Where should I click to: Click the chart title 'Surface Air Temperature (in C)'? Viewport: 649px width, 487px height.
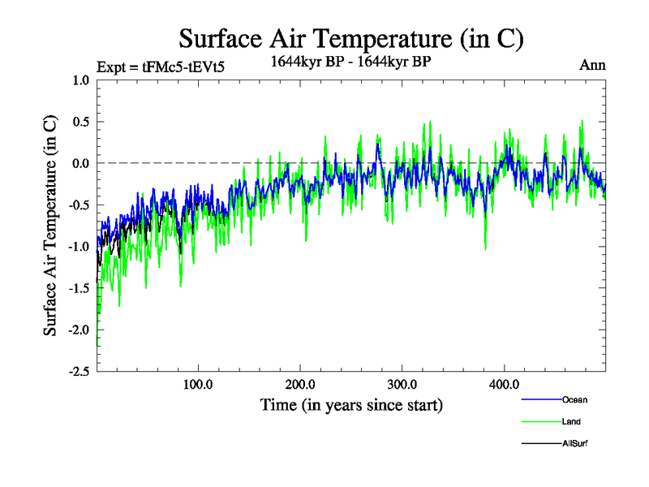pos(351,38)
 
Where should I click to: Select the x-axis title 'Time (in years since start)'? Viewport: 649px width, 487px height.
pos(351,404)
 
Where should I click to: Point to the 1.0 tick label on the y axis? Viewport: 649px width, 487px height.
pos(80,80)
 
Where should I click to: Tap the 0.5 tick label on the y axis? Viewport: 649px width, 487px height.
pos(80,122)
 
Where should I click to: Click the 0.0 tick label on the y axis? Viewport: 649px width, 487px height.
pos(80,163)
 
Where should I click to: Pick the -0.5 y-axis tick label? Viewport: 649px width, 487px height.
pos(78,205)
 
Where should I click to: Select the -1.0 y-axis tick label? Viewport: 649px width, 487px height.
pos(78,246)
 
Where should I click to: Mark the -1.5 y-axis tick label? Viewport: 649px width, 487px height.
pos(78,288)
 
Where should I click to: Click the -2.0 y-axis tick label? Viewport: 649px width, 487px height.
pos(78,330)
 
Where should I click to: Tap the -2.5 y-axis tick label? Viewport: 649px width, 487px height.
pos(78,371)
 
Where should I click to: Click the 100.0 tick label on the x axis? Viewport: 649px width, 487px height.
pos(198,384)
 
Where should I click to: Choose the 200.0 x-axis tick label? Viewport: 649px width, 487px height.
pos(300,384)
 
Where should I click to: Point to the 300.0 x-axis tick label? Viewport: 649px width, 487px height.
pos(402,384)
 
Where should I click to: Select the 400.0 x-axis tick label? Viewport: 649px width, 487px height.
pos(505,384)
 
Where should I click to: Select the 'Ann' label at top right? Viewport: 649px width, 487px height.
pos(592,65)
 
